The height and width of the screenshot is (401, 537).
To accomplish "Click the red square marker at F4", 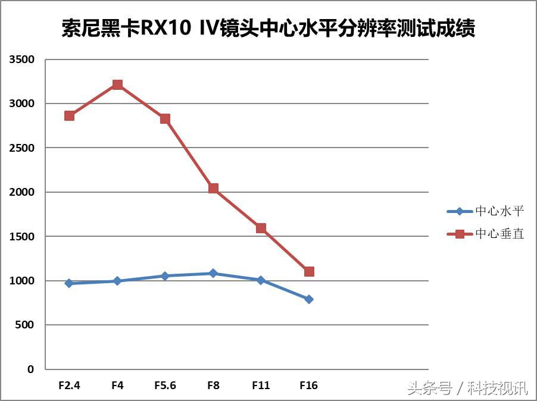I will click(117, 84).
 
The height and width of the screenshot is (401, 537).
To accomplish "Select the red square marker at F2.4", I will click(70, 115).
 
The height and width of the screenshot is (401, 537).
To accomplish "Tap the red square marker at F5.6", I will click(165, 118).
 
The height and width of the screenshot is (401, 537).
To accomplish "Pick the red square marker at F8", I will click(213, 189).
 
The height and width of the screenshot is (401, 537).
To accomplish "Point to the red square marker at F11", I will click(261, 228).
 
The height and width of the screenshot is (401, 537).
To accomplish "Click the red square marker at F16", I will click(308, 271).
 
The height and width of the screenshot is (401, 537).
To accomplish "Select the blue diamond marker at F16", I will click(308, 299).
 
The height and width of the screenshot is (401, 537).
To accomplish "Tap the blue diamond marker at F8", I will click(213, 273).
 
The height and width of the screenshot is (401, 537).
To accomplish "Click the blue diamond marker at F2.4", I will click(70, 283).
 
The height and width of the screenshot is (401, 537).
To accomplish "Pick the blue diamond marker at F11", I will click(261, 280).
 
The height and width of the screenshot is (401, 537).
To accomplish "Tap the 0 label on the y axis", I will click(30, 369).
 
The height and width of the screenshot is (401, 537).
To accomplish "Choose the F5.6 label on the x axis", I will click(165, 386).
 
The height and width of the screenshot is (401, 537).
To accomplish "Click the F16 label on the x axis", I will click(308, 386).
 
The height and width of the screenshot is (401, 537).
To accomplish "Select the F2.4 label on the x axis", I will click(70, 386).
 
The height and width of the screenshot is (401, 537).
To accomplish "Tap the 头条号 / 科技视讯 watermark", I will click(467, 389).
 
